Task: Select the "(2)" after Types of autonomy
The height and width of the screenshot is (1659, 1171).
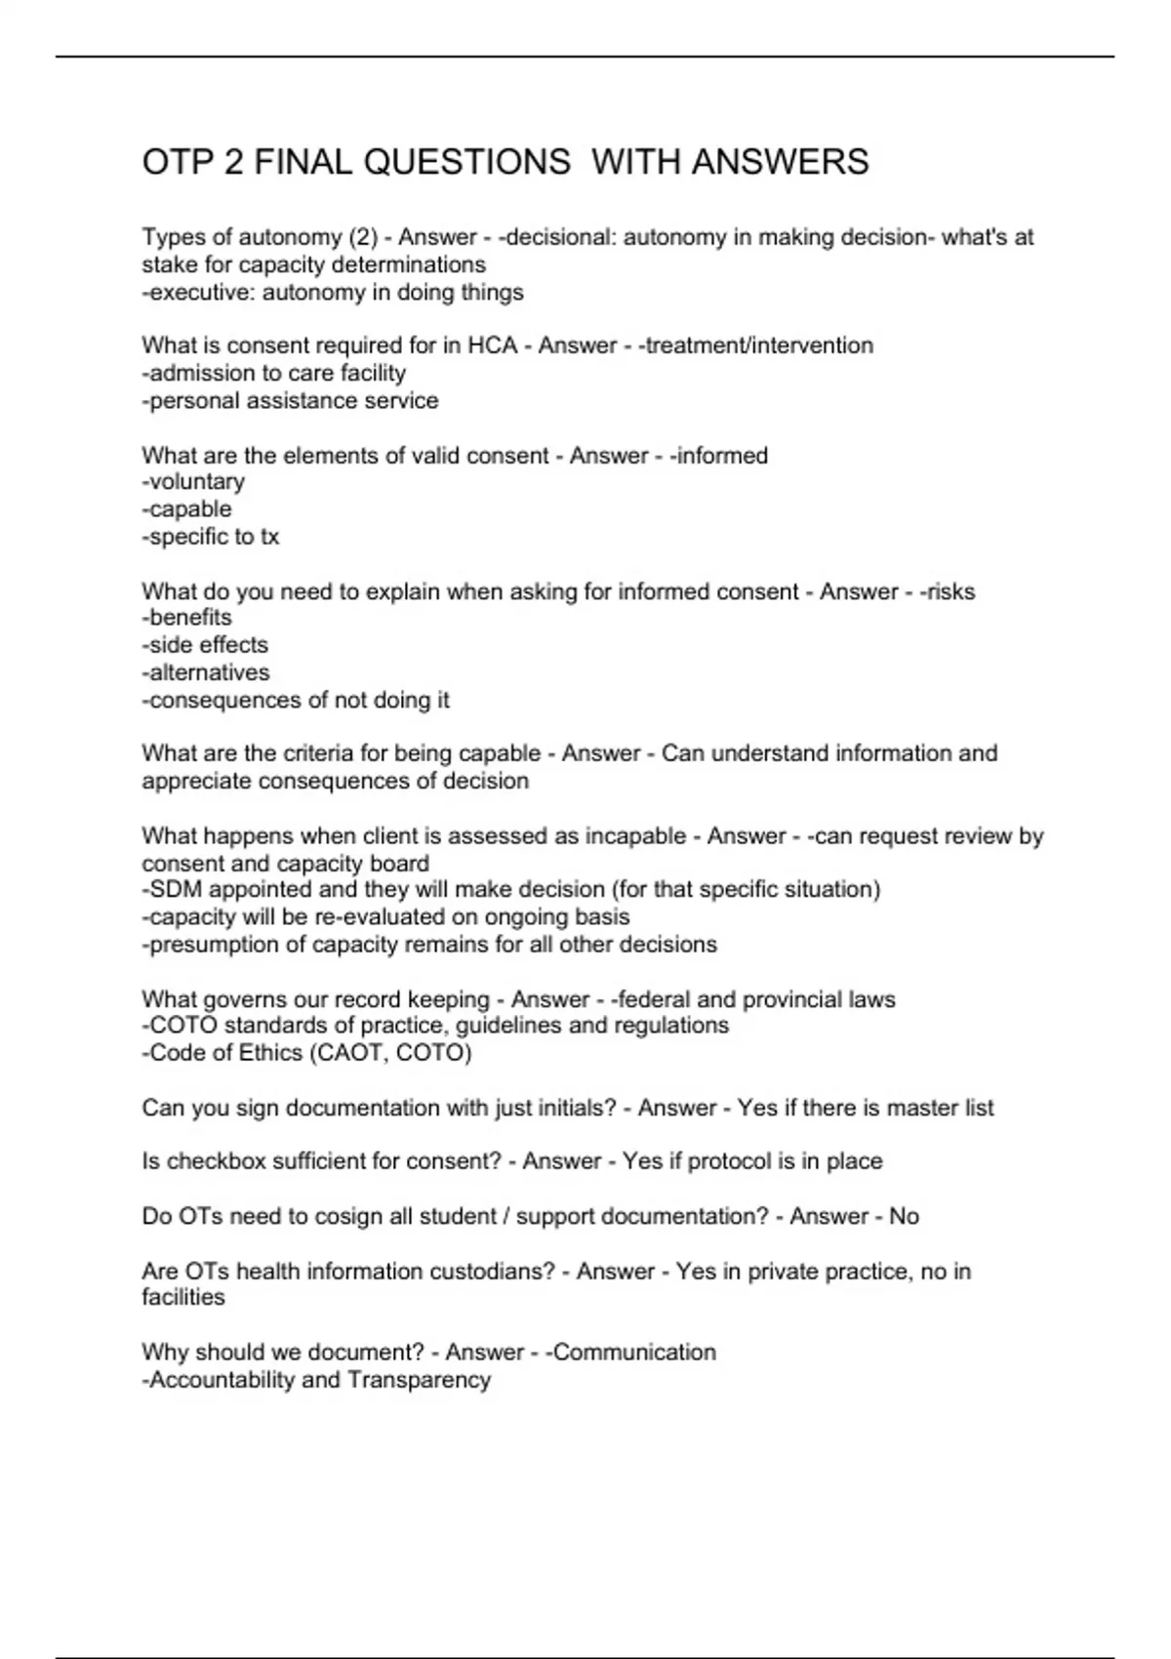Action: (358, 237)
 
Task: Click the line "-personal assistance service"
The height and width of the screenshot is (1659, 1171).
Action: (290, 400)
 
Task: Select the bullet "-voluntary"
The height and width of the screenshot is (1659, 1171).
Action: (193, 482)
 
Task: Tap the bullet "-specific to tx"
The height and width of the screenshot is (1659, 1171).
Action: (211, 537)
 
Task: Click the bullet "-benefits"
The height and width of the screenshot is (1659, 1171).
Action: (187, 618)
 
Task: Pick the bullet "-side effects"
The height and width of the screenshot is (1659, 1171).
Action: (205, 645)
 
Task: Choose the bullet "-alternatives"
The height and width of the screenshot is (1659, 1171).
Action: (206, 672)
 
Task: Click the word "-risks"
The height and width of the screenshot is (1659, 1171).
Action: (948, 591)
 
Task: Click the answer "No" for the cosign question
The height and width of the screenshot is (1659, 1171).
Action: (904, 1216)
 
